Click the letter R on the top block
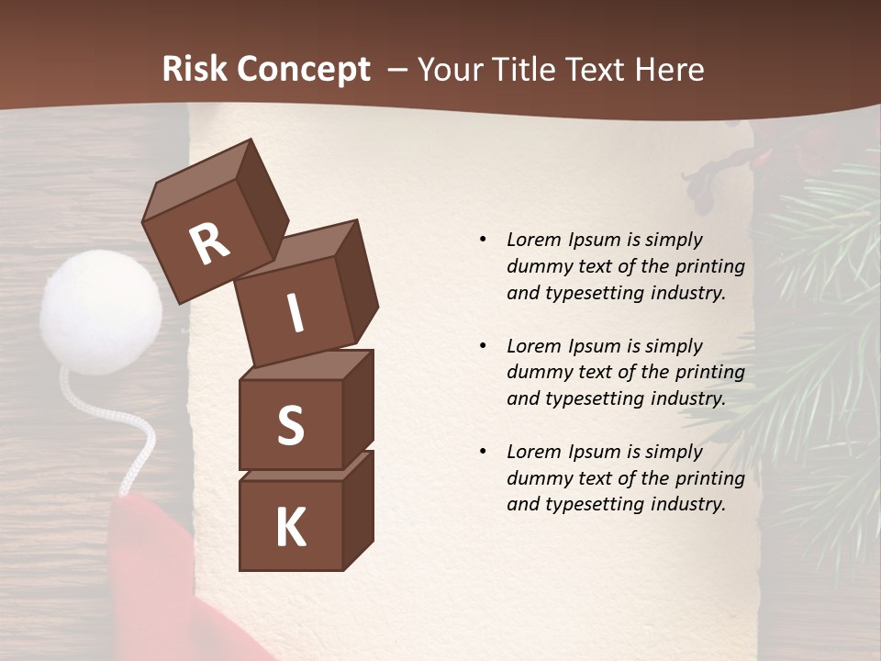pos(209,244)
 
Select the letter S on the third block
pos(290,425)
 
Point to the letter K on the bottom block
pos(290,528)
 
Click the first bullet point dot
pos(483,241)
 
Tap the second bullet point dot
pos(483,346)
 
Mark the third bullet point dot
pos(483,452)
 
